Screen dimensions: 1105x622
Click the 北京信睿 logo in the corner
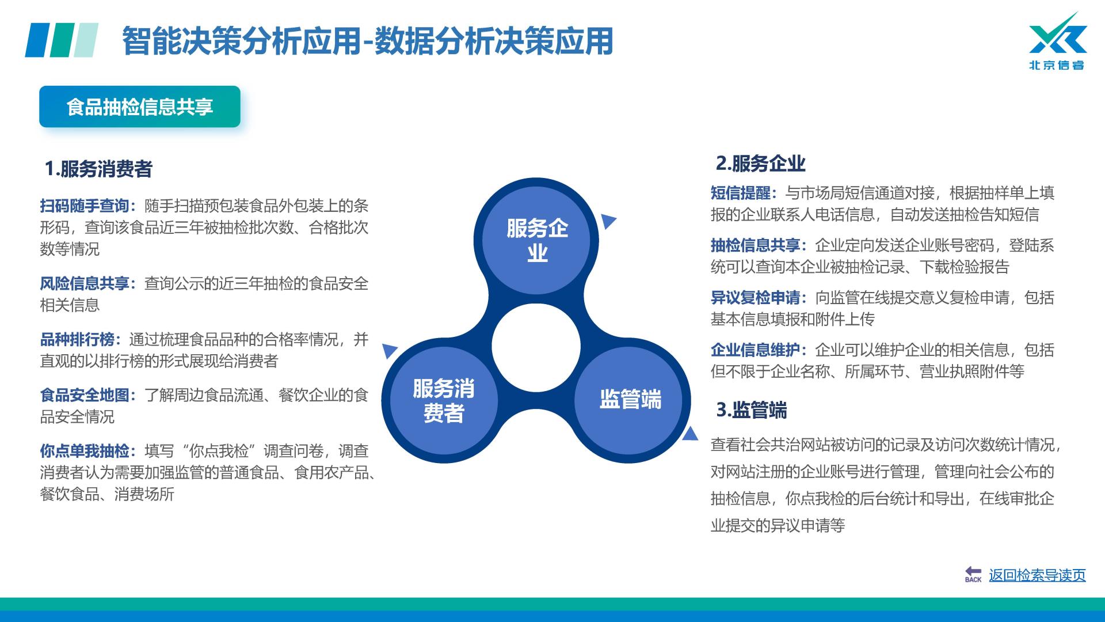(x=1057, y=41)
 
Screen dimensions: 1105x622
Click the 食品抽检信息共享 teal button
(x=140, y=107)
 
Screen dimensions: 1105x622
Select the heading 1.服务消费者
(x=98, y=169)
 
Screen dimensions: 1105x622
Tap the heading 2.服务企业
(x=760, y=164)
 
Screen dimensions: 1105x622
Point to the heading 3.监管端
(x=751, y=410)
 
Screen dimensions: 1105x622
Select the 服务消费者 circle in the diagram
(x=444, y=400)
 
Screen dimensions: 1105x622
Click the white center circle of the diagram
(x=536, y=348)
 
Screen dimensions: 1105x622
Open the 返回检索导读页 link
(x=1037, y=575)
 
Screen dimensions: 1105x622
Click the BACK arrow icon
(x=973, y=574)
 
